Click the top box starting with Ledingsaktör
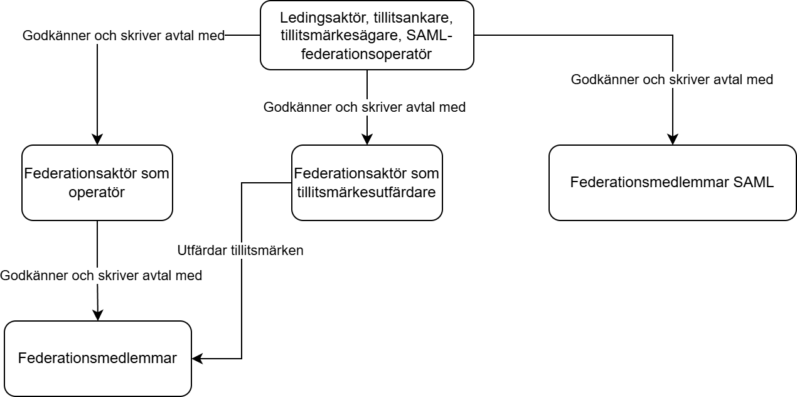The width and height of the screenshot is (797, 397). (367, 35)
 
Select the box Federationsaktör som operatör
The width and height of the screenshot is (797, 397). (97, 183)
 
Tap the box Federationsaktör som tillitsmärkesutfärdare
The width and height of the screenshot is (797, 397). (367, 183)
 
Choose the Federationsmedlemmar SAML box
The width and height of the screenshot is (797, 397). (673, 183)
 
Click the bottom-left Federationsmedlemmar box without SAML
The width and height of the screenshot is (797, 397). (98, 359)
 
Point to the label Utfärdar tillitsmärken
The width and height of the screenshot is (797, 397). (240, 250)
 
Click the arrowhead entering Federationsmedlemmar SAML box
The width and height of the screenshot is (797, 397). (673, 139)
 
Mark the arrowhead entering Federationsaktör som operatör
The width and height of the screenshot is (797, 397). (97, 139)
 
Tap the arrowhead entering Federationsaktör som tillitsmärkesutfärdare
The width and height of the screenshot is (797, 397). (367, 139)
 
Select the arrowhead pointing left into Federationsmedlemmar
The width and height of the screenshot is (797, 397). (198, 359)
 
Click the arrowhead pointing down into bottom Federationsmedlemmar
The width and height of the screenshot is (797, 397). (98, 315)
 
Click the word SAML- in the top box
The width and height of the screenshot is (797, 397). (429, 35)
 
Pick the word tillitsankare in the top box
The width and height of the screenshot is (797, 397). (413, 18)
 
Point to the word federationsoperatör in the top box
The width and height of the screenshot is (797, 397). (366, 54)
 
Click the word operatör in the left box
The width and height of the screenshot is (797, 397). (97, 192)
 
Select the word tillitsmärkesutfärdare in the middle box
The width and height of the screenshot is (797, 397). (366, 192)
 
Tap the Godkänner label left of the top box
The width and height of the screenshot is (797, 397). (124, 36)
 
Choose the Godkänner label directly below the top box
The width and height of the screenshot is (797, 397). (365, 107)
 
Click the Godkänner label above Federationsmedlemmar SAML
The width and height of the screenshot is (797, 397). (672, 79)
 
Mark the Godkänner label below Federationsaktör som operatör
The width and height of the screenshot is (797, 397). (101, 276)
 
